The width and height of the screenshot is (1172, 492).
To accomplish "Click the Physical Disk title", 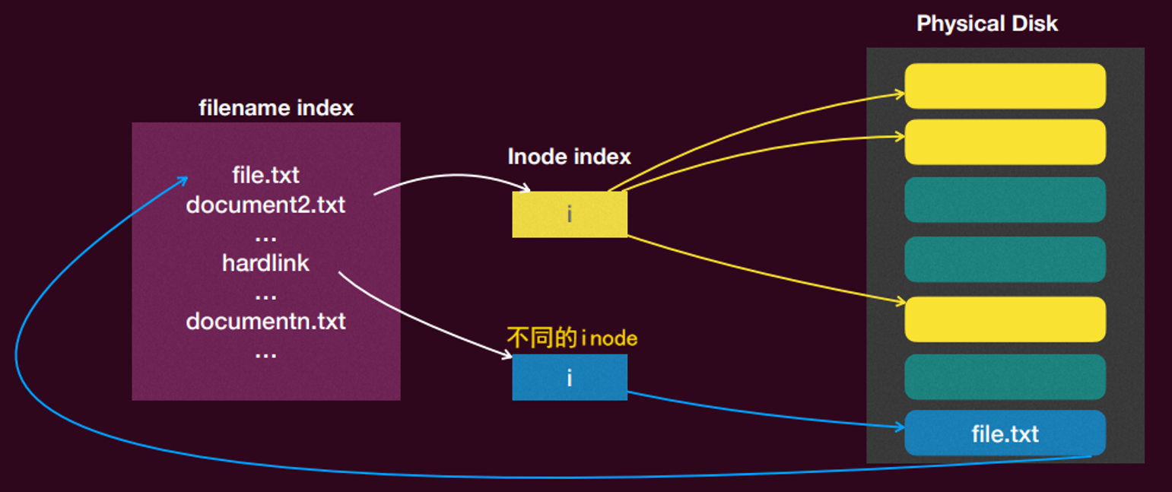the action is click(x=987, y=24).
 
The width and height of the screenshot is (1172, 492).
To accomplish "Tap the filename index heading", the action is click(x=276, y=108).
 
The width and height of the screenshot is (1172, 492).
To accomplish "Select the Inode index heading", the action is click(x=569, y=157).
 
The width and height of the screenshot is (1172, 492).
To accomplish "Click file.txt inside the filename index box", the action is click(x=265, y=176).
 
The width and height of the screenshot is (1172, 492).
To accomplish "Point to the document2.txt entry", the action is click(x=265, y=205).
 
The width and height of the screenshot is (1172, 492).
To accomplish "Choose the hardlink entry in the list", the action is click(x=265, y=263).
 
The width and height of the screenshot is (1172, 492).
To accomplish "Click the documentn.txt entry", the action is click(x=265, y=322).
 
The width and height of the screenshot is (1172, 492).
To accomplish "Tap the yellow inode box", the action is click(x=570, y=214).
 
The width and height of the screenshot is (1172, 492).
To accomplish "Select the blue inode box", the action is click(x=570, y=377).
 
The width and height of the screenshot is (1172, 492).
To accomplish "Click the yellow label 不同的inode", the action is click(x=573, y=338).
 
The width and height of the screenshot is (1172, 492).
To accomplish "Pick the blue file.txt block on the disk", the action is click(x=1005, y=433).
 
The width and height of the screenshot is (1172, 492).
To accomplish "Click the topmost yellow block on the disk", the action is click(x=1005, y=86).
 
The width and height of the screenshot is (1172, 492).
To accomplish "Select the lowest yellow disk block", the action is click(x=1005, y=319).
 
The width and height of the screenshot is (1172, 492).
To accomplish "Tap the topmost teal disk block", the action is click(x=1005, y=199).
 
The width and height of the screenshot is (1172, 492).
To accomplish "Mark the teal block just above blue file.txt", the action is click(x=1005, y=377).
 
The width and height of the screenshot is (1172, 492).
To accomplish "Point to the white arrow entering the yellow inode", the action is click(x=453, y=176).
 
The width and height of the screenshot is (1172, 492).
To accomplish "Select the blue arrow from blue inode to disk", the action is click(x=764, y=414).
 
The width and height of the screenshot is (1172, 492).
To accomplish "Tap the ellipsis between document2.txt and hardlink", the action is click(x=265, y=238).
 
